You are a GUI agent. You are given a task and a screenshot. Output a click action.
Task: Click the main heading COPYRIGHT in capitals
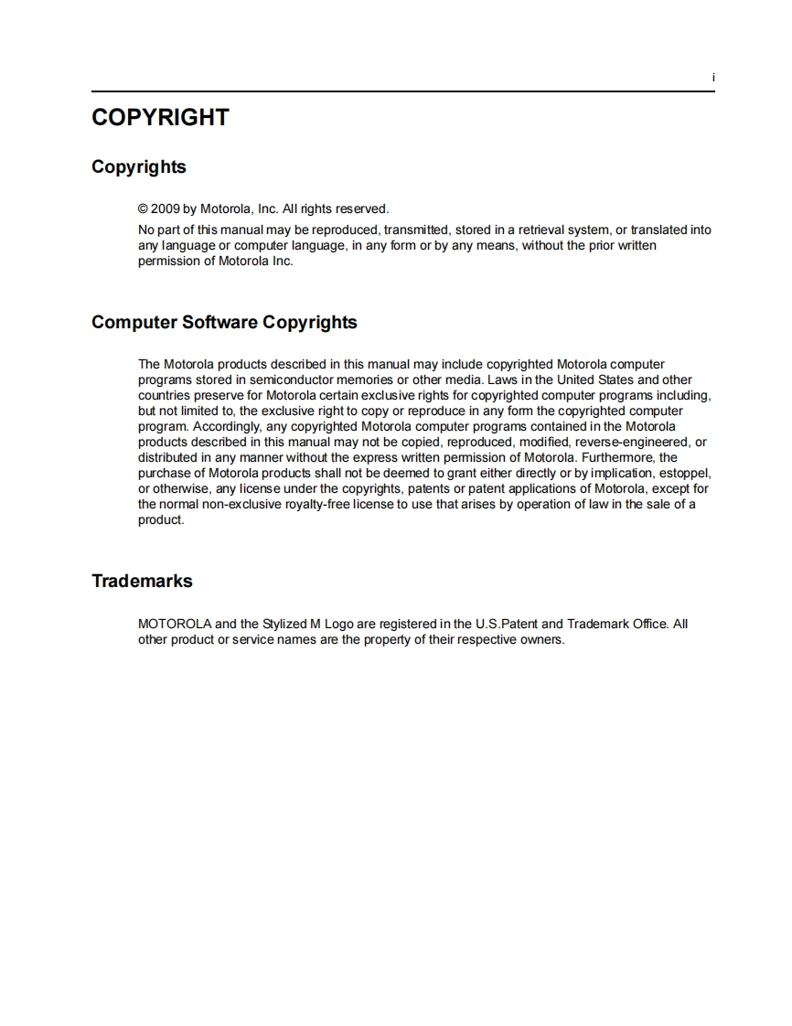pyautogui.click(x=160, y=118)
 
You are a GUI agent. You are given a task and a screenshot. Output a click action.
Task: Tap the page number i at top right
pyautogui.click(x=712, y=79)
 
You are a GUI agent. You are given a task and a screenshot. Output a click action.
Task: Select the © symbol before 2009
pyautogui.click(x=143, y=208)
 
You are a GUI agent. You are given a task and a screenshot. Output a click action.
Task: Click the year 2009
pyautogui.click(x=166, y=208)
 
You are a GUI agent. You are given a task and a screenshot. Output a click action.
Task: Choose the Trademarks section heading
pyautogui.click(x=142, y=582)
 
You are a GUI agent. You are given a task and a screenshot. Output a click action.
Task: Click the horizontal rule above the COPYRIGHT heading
pyautogui.click(x=402, y=91)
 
